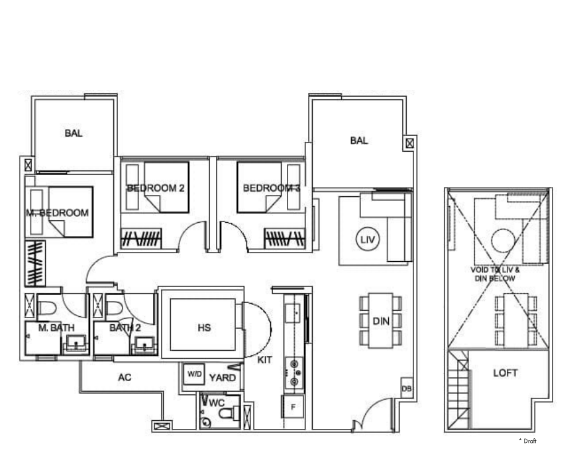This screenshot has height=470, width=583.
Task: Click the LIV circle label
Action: (x=368, y=239)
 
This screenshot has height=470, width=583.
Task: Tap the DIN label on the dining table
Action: (x=381, y=321)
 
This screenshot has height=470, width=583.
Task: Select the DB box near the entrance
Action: (x=407, y=388)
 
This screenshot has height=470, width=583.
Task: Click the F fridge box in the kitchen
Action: (x=293, y=407)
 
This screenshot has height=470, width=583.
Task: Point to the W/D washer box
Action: (x=194, y=374)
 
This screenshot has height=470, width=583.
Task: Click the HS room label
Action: (x=204, y=327)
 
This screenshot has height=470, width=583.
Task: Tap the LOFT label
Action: (x=505, y=373)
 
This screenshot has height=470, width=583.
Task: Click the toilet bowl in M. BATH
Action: (x=47, y=308)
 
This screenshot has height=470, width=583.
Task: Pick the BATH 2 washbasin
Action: (x=145, y=344)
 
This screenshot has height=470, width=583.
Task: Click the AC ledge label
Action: (x=125, y=377)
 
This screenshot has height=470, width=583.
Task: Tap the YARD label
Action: (x=222, y=378)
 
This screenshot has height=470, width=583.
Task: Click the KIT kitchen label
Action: (x=264, y=360)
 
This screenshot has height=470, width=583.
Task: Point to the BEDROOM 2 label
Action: (x=156, y=188)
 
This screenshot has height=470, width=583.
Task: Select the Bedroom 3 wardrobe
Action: (x=284, y=239)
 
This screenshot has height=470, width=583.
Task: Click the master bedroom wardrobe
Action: (x=35, y=263)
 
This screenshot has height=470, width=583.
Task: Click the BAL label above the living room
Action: (x=359, y=141)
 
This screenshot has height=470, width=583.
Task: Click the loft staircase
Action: (x=459, y=390)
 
